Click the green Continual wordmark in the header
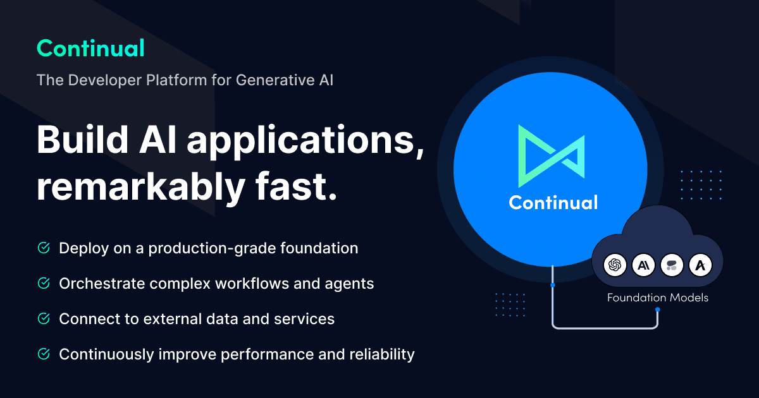point(90,48)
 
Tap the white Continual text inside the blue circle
point(553,202)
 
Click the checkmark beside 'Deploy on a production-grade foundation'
point(44,248)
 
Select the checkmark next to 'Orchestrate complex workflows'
point(44,284)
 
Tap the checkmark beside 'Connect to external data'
point(44,319)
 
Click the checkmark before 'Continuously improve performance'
point(44,354)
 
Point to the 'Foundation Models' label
point(658,298)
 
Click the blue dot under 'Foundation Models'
point(658,309)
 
